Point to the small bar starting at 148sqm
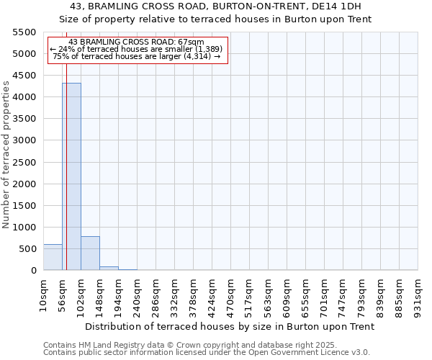pyautogui.click(x=109, y=268)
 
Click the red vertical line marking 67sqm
pyautogui.click(x=66, y=166)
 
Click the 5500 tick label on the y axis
pyautogui.click(x=24, y=32)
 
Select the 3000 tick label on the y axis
pyautogui.click(x=24, y=140)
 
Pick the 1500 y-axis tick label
pyautogui.click(x=24, y=206)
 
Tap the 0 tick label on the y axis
pyautogui.click(x=33, y=271)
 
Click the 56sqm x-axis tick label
pyautogui.click(x=62, y=294)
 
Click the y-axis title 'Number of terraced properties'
pyautogui.click(x=6, y=155)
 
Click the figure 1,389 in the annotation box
pyautogui.click(x=203, y=49)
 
